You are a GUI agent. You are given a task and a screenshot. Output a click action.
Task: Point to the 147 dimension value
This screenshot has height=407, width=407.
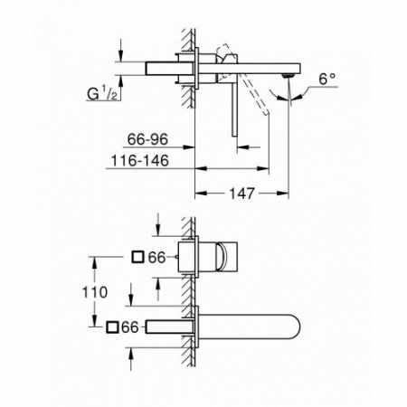pyautogui.click(x=240, y=193)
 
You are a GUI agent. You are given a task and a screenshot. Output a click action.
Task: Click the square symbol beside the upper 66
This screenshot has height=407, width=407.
pyautogui.click(x=137, y=258)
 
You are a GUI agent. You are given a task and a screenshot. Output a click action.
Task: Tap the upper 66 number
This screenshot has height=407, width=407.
pyautogui.click(x=157, y=258)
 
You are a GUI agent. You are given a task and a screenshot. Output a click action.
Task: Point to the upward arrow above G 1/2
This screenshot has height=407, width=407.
pyautogui.click(x=121, y=87)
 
